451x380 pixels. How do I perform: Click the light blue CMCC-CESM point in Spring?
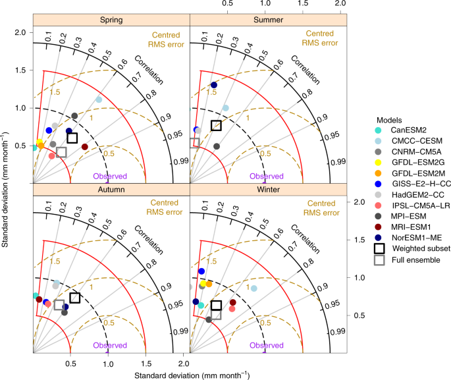click(99, 99)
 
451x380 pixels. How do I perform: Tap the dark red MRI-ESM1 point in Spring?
click(84, 146)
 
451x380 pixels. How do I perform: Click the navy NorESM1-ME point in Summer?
click(214, 85)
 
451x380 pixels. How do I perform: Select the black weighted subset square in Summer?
click(216, 126)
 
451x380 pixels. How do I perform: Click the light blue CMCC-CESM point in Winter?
click(254, 288)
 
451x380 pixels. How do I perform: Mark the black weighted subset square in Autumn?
click(74, 298)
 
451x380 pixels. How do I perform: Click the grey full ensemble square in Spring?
click(61, 152)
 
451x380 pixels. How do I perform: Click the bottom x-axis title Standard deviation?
click(191, 375)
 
